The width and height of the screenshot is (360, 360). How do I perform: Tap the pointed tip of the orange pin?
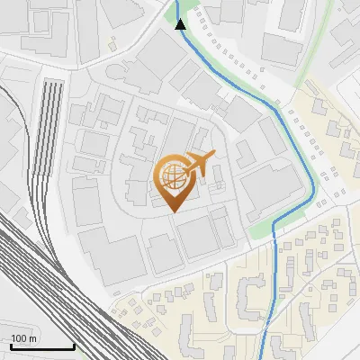pyautogui.click(x=173, y=211)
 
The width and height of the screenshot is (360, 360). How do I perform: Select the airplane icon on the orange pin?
pyautogui.click(x=199, y=163)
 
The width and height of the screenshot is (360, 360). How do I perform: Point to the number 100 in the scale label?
pyautogui.click(x=20, y=338)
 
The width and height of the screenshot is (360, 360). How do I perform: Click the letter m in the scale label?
pyautogui.click(x=33, y=338)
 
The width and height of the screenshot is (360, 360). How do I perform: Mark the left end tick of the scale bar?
pyautogui.click(x=10, y=346)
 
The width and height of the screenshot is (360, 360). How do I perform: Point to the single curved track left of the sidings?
pyautogui.click(x=31, y=180)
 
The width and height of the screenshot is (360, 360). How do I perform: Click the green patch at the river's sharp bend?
pyautogui.click(x=260, y=229)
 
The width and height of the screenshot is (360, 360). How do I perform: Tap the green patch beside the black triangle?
pyautogui.click(x=171, y=11)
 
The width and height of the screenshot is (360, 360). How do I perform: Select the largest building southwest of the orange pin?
pyautogui.click(x=112, y=252)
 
